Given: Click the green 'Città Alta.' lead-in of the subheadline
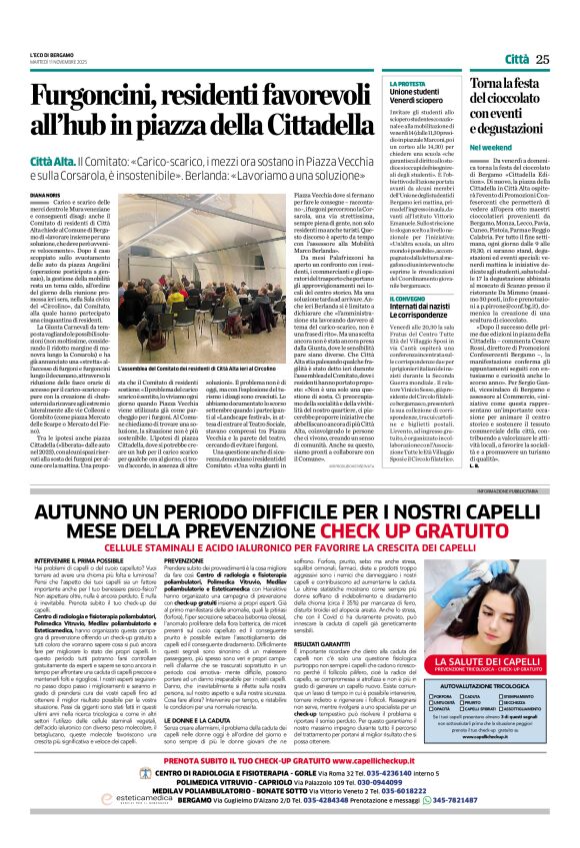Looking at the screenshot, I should click(x=57, y=161).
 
